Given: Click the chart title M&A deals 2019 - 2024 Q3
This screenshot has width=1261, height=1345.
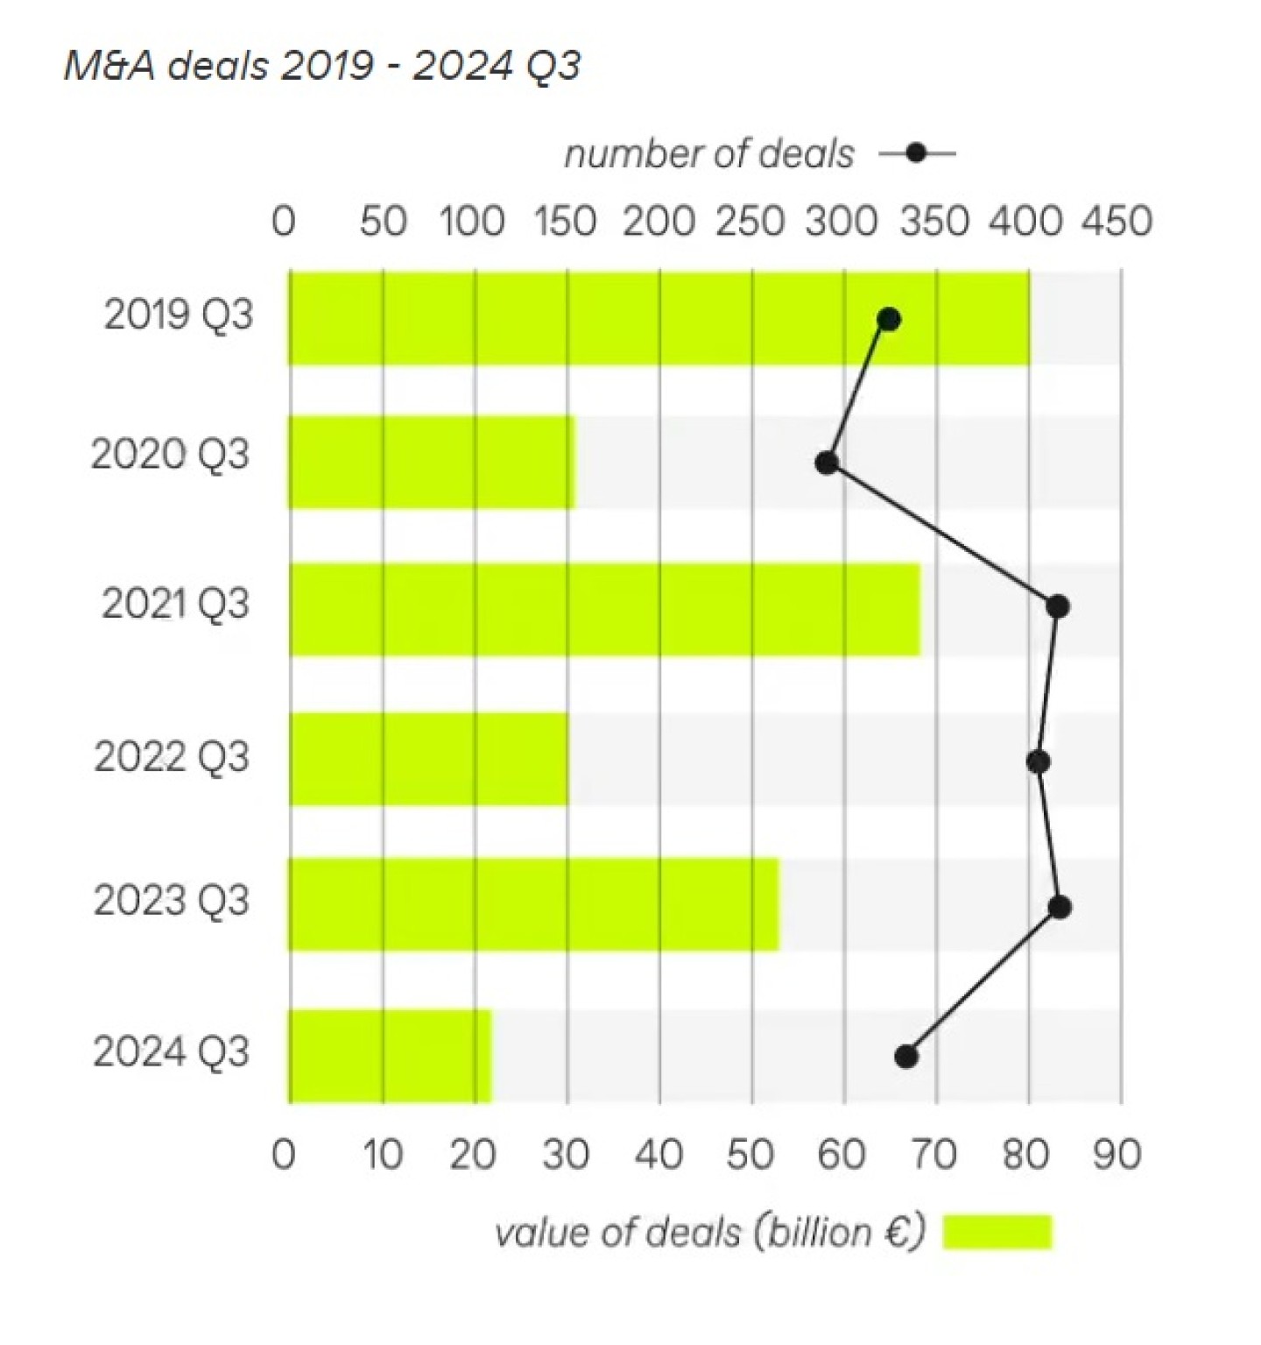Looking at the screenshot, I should (x=321, y=66).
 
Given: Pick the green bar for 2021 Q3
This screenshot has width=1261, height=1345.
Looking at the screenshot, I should (x=604, y=609).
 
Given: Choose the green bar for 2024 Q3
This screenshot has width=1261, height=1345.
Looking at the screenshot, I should (x=390, y=1055).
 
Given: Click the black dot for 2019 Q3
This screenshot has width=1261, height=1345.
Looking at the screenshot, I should (x=889, y=319).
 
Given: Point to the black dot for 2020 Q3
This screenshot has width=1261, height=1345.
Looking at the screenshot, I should (x=826, y=463).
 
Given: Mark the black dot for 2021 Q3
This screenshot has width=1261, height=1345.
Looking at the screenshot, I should (x=1058, y=606).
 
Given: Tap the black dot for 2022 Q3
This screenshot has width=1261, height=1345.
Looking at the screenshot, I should (x=1039, y=761).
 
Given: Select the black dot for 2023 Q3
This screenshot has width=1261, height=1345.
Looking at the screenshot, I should (x=1060, y=907).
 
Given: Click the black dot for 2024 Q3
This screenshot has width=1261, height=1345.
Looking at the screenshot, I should (x=906, y=1057).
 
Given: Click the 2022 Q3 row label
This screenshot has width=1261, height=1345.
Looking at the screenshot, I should (x=172, y=757).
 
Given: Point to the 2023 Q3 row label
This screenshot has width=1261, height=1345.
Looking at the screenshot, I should (x=172, y=901).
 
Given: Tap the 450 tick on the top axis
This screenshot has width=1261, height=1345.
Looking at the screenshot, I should (x=1117, y=222).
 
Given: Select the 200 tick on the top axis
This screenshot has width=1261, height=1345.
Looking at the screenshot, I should (x=659, y=222).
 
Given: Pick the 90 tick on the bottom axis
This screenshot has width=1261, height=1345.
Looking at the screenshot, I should (x=1117, y=1155).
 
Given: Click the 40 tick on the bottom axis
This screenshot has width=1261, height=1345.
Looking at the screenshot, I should (x=659, y=1155).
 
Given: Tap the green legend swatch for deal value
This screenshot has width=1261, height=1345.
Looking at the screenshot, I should (x=997, y=1232).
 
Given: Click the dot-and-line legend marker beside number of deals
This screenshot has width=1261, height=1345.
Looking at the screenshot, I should (x=917, y=154).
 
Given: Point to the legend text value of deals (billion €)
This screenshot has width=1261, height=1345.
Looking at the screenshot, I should (x=709, y=1233).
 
